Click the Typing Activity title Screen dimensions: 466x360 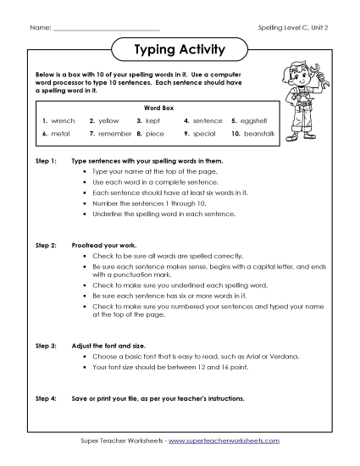(x=180, y=50)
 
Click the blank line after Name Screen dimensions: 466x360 (x=105, y=30)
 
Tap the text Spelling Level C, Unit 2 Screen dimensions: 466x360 (x=292, y=29)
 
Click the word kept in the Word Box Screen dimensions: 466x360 (x=156, y=121)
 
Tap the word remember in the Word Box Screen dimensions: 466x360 (x=115, y=134)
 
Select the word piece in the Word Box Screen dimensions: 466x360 (x=158, y=134)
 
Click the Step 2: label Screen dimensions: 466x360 (x=46, y=244)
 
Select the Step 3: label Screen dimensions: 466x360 (x=46, y=346)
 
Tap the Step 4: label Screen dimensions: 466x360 (x=46, y=397)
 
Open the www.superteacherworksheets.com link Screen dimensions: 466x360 (x=223, y=441)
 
